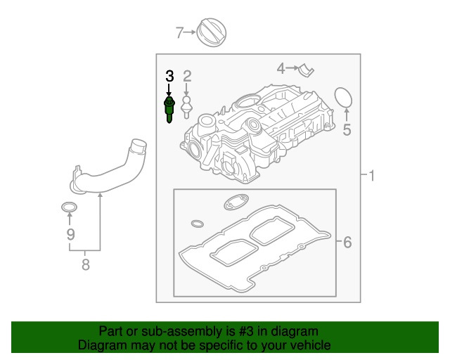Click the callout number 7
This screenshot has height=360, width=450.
[179, 32]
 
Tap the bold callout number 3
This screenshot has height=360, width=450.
[169, 76]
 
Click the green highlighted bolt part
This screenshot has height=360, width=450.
[169, 110]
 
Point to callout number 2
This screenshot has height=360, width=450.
[187, 76]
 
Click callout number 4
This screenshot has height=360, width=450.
[281, 68]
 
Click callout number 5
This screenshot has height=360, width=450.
[346, 129]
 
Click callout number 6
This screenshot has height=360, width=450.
[346, 243]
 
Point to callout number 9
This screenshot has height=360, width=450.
[70, 233]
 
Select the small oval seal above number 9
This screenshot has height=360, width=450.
[69, 207]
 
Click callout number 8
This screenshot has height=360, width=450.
[85, 264]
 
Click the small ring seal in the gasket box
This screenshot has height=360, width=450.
[198, 224]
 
